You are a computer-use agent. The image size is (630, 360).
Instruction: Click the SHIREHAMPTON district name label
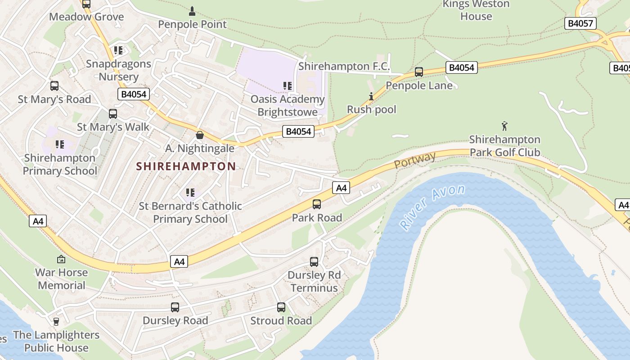click(x=186, y=166)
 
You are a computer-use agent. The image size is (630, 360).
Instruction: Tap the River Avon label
click(x=432, y=207)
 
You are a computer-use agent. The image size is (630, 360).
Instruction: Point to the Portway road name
click(x=415, y=160)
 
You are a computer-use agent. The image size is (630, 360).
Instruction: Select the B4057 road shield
click(x=580, y=24)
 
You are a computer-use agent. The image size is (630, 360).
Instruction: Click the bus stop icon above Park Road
click(x=317, y=204)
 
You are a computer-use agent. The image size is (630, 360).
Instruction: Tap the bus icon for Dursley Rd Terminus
click(x=314, y=261)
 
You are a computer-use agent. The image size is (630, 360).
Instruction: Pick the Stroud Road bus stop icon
click(x=281, y=307)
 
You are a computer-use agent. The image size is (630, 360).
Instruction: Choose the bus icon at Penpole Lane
click(x=419, y=72)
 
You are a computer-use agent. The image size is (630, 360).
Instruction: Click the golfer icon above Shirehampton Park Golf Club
click(x=504, y=126)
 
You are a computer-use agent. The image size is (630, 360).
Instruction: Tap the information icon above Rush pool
click(x=371, y=96)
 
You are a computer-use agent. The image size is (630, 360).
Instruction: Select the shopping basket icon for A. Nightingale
click(x=200, y=135)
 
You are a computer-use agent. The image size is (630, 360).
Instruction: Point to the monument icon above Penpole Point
click(x=192, y=11)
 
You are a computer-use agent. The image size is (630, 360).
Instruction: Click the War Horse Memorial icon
click(x=61, y=259)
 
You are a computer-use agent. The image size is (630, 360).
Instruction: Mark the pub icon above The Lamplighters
click(x=56, y=321)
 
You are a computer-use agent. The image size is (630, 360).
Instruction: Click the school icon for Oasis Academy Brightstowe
click(x=288, y=85)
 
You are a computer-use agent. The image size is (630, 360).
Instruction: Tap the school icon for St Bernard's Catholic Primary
click(x=190, y=193)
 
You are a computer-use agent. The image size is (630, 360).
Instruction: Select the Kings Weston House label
click(x=476, y=10)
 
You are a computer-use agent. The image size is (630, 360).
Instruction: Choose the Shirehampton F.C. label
click(x=344, y=67)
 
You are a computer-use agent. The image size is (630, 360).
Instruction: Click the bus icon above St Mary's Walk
click(x=113, y=114)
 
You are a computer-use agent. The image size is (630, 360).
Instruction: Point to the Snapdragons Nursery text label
click(x=118, y=70)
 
